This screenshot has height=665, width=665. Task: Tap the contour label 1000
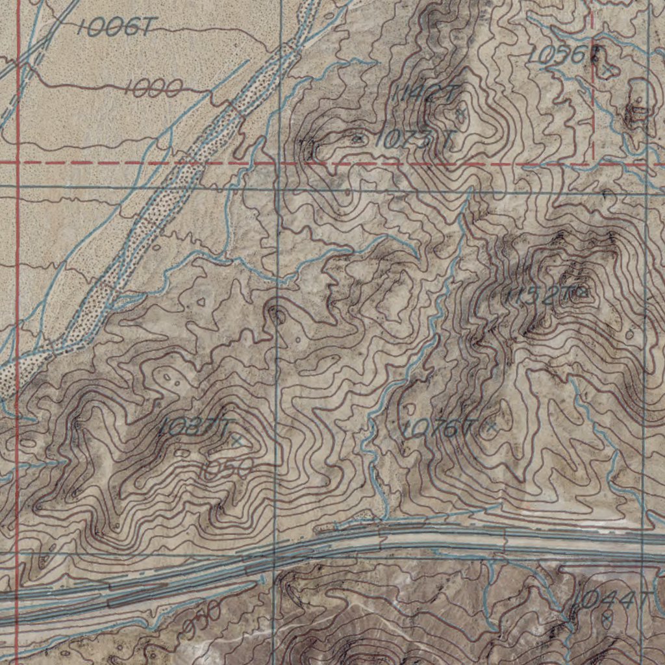pyautogui.click(x=153, y=88)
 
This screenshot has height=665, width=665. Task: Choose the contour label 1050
pyautogui.click(x=225, y=470)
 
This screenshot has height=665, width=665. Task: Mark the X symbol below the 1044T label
pyautogui.click(x=606, y=621)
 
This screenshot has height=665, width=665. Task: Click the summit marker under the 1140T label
pyautogui.click(x=460, y=115)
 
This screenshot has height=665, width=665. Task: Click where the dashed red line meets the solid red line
pyautogui.click(x=18, y=163)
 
